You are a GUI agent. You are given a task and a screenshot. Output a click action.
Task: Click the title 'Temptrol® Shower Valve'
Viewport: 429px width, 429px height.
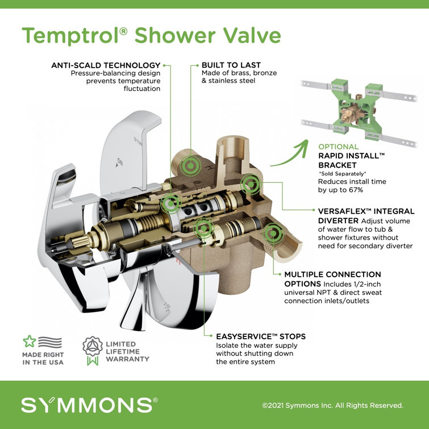[x=151, y=35]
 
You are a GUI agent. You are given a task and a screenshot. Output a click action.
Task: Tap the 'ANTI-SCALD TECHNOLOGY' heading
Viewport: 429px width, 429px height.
[x=106, y=65]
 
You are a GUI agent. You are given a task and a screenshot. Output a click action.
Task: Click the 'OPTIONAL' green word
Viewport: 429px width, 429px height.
[x=339, y=146]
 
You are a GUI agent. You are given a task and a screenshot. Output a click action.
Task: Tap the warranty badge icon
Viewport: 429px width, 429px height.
[x=92, y=349]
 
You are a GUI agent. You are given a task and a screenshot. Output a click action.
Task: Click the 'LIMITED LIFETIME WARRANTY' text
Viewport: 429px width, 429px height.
[x=128, y=351]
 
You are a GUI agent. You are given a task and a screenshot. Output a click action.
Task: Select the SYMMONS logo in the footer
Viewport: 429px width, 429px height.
[x=89, y=405]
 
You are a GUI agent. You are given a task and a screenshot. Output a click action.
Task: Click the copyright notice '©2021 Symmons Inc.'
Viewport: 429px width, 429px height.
[x=332, y=406]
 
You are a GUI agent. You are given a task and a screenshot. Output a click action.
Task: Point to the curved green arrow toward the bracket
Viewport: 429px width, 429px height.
[x=289, y=154]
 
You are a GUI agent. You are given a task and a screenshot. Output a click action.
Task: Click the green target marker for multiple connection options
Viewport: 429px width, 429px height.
[x=273, y=232]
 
